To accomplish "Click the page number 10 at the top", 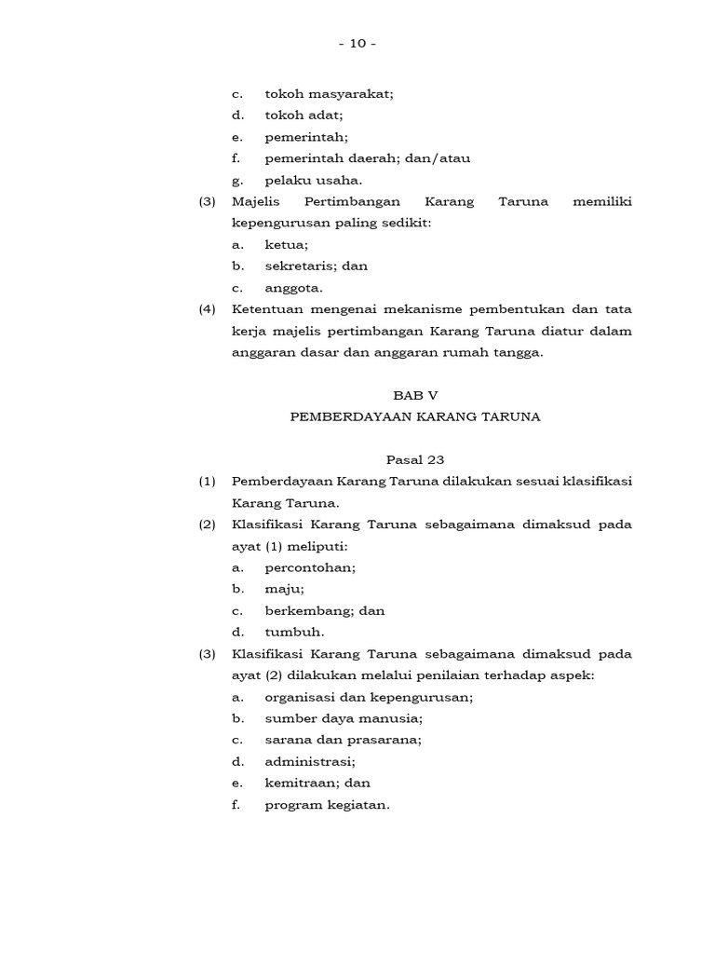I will (357, 44).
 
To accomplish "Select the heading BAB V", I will (415, 395).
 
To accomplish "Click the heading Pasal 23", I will (415, 459).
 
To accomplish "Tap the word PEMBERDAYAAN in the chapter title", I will (343, 416).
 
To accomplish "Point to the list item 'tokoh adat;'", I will (304, 116).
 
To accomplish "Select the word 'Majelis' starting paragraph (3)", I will (255, 202).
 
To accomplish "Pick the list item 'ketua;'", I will (286, 245).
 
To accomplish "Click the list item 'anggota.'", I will (293, 288).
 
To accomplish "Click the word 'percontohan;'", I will (310, 567).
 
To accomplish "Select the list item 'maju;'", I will (284, 589).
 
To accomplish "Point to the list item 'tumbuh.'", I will (294, 632).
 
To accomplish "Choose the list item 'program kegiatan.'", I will (327, 805).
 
